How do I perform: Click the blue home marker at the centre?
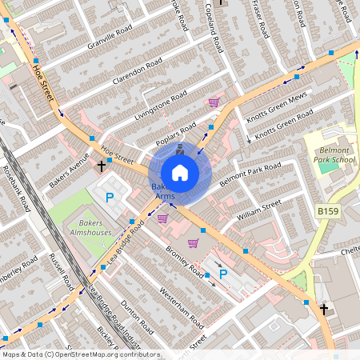[180, 172]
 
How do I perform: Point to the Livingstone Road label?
[159, 105]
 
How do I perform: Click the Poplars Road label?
[176, 131]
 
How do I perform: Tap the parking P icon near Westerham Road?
[223, 274]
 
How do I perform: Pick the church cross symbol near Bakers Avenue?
[102, 166]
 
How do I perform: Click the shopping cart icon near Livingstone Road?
[214, 102]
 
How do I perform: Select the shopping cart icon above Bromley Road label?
[193, 243]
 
